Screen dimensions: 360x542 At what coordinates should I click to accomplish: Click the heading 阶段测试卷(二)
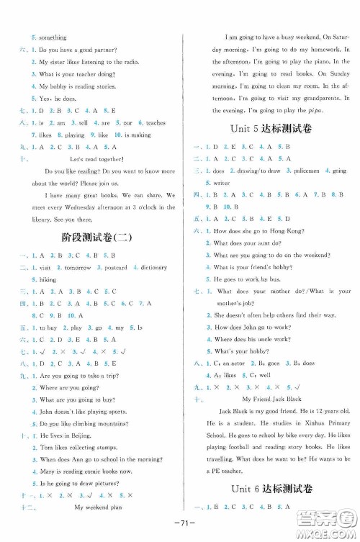92,238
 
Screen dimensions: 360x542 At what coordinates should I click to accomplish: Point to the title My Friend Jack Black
270,398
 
